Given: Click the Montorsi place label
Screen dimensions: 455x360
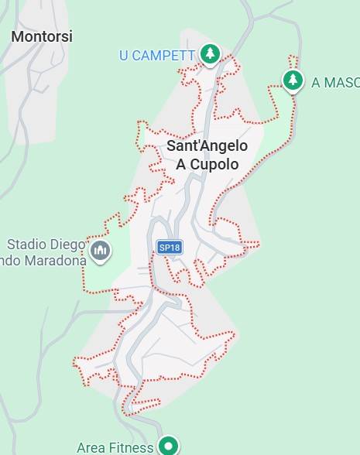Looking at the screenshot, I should [x=42, y=36].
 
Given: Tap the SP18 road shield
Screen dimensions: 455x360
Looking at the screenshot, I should [x=169, y=248].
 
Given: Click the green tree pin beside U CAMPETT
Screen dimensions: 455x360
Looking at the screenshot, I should [x=209, y=53].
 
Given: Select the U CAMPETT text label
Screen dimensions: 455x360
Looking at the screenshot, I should [x=157, y=55].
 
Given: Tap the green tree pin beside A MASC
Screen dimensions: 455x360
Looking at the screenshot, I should [x=292, y=80].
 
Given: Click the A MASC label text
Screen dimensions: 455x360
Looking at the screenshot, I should [x=335, y=83].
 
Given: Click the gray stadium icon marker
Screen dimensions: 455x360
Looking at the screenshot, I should [x=100, y=251].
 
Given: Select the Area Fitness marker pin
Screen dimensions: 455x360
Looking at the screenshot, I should [x=168, y=445].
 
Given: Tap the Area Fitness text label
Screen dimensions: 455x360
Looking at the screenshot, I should [x=115, y=447].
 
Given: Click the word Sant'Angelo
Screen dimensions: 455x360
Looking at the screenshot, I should [x=207, y=146].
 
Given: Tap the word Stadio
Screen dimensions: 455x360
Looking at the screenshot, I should [x=28, y=245].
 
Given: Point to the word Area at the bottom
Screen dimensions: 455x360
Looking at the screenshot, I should [x=91, y=447].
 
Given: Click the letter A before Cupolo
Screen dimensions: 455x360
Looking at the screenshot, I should [x=182, y=164].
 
